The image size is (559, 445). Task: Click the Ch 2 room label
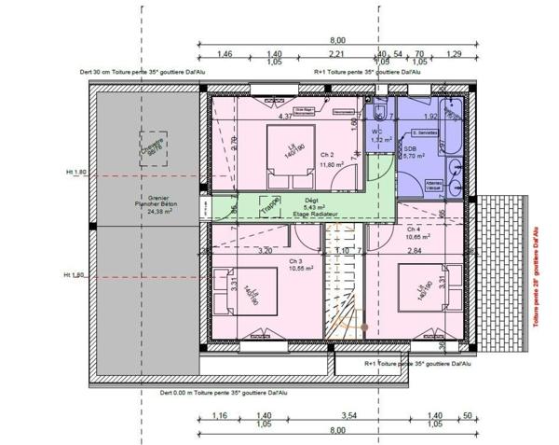click(325, 154)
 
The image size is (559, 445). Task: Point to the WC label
click(375, 131)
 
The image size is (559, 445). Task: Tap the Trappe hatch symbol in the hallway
click(270, 205)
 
